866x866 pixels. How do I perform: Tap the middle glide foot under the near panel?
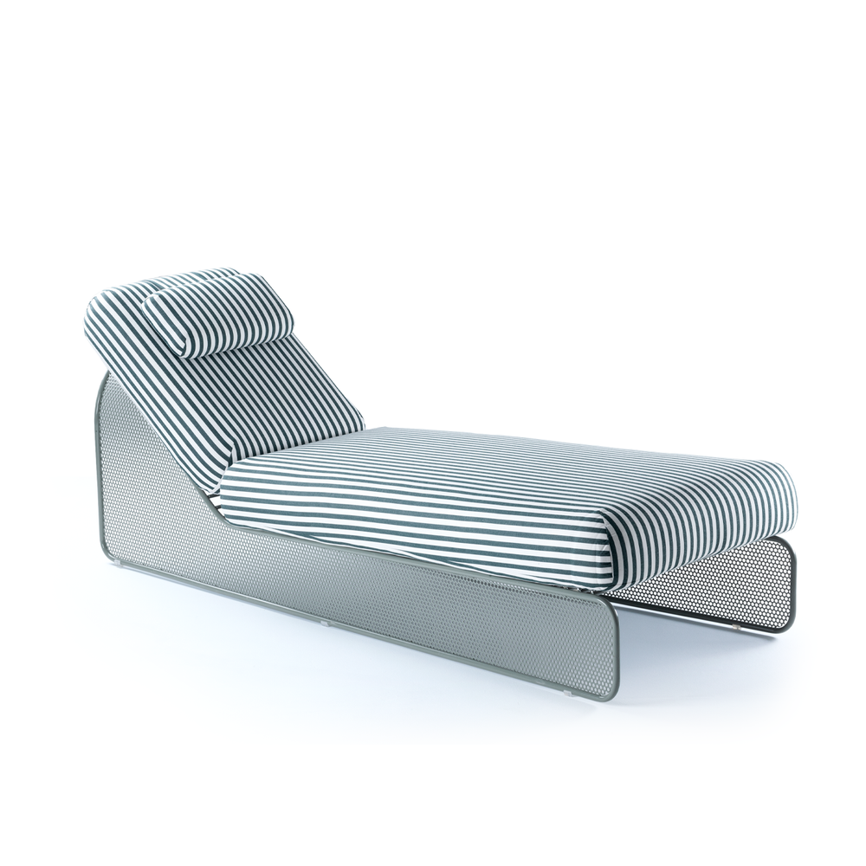click(x=323, y=621)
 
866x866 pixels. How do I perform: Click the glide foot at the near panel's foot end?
click(x=568, y=694)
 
